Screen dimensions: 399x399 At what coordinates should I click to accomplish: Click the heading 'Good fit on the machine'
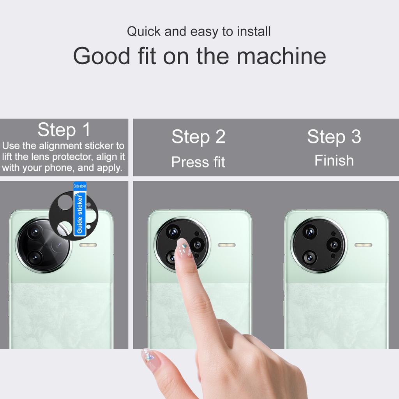(x=199, y=56)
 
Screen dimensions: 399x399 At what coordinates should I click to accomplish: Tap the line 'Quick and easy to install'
(x=199, y=32)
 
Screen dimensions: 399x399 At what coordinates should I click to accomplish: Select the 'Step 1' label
(x=64, y=130)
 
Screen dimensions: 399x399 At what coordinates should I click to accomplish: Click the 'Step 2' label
(x=198, y=137)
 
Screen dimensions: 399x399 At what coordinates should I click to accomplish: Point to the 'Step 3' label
(x=334, y=137)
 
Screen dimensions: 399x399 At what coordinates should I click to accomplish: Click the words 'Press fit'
(x=198, y=162)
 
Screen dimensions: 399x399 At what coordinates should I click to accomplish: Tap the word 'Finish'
(x=334, y=160)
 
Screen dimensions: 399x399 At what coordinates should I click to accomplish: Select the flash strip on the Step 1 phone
(x=88, y=245)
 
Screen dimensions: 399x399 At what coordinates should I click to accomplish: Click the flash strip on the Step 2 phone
(x=226, y=245)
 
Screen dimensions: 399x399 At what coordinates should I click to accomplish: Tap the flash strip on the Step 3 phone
(x=363, y=245)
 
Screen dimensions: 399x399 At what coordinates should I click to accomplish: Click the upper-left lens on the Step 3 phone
(x=310, y=232)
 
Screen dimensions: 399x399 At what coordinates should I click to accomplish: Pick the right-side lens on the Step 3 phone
(x=334, y=245)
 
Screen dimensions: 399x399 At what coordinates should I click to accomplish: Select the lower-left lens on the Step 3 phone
(x=310, y=258)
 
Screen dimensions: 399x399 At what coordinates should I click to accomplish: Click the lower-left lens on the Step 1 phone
(x=35, y=258)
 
